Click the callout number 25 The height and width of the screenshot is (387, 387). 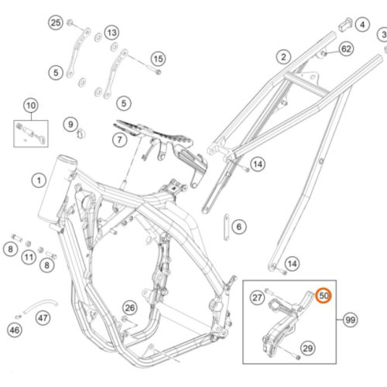pos(56,22)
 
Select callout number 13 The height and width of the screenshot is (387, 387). pos(111,33)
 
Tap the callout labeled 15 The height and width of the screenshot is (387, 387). pos(158,59)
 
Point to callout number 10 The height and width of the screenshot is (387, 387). pos(31,105)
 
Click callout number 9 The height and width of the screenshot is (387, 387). pos(70,125)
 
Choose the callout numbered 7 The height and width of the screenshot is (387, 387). pos(119,140)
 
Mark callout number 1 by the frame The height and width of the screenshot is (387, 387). pos(39,180)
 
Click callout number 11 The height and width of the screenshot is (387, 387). pos(29,257)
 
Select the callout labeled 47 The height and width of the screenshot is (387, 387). pos(43,317)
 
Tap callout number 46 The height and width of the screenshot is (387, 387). pos(15,330)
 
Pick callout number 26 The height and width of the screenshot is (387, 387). pos(130,307)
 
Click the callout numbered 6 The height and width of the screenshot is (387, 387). pos(239,227)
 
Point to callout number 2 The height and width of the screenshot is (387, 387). pos(283,57)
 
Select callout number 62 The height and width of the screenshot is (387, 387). pos(346,49)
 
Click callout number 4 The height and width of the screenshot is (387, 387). pos(362,25)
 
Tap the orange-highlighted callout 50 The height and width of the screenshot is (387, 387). pos(324,296)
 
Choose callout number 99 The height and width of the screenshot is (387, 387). pos(351,320)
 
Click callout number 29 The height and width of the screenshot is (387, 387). pos(308,348)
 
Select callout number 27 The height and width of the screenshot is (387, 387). pos(257,297)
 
